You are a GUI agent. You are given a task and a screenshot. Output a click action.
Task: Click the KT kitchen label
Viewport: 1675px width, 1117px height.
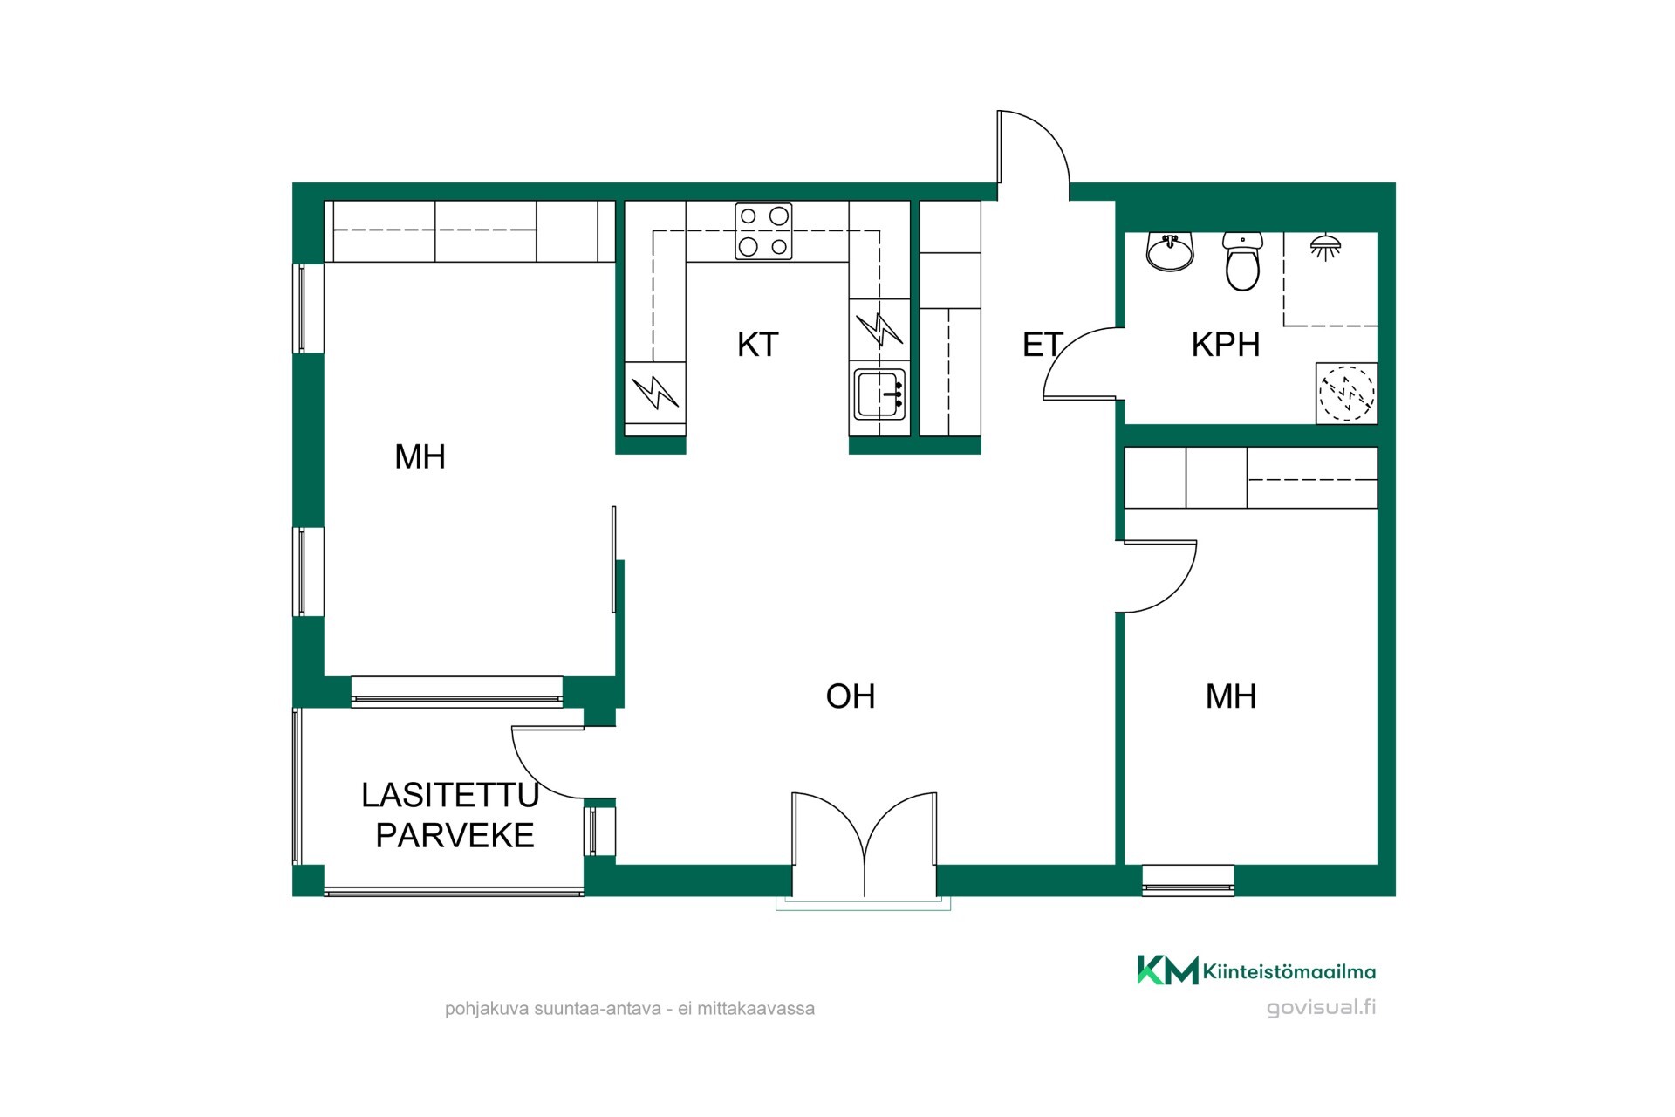click(x=757, y=345)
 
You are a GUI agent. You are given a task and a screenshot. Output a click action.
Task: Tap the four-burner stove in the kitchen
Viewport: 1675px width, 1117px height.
click(x=763, y=231)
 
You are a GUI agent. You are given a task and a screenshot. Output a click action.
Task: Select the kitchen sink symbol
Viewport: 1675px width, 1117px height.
click(x=879, y=394)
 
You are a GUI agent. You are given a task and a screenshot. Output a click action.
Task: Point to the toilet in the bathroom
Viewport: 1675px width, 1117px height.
click(x=1242, y=261)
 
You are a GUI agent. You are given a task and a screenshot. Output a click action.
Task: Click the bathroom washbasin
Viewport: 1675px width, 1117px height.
click(x=1169, y=252)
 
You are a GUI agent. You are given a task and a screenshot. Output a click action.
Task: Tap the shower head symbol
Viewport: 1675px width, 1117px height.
click(x=1325, y=247)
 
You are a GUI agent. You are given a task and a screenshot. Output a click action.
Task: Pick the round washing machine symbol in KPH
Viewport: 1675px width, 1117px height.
click(x=1346, y=394)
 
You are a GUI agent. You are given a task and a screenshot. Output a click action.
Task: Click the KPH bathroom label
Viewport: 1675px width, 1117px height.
click(x=1225, y=345)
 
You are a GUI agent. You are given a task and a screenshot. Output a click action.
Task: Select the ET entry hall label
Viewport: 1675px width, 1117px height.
click(x=1043, y=345)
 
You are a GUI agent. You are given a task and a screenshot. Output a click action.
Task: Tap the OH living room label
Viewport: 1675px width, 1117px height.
click(x=851, y=696)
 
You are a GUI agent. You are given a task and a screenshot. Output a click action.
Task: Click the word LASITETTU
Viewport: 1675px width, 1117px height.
click(x=450, y=795)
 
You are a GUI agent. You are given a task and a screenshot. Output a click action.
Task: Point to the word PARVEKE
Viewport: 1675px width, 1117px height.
click(x=455, y=836)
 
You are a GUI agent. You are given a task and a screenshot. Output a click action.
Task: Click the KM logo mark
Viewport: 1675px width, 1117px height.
click(x=1167, y=970)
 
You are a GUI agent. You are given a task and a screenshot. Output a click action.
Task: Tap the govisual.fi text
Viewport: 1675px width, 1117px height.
click(x=1321, y=1007)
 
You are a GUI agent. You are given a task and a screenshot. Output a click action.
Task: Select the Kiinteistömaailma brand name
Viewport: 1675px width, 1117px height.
click(x=1289, y=971)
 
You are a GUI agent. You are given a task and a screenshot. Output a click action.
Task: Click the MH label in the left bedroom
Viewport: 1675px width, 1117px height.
click(x=420, y=457)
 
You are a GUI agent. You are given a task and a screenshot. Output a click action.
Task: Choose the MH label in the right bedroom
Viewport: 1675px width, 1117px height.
click(x=1230, y=696)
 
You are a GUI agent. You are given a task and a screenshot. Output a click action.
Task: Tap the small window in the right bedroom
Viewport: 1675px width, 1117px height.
click(x=1188, y=880)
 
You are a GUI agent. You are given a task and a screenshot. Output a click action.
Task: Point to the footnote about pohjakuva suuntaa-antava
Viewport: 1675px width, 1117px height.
click(x=630, y=1009)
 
